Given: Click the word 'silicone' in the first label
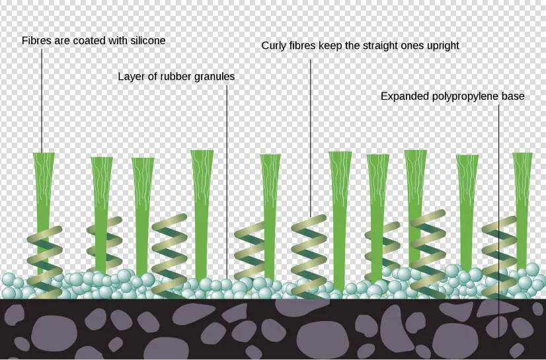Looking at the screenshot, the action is (x=145, y=41).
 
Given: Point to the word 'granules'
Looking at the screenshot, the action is (x=214, y=77).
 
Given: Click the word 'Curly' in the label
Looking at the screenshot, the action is (x=274, y=46).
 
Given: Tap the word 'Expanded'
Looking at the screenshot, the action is (x=405, y=96).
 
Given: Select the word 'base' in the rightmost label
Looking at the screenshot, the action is (x=513, y=96).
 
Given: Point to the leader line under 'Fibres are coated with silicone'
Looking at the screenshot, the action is (x=42, y=99).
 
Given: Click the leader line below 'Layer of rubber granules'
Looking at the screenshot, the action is (x=227, y=178).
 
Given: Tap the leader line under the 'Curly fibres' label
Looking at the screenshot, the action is (x=310, y=132).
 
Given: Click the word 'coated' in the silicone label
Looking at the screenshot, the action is (x=85, y=41).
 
